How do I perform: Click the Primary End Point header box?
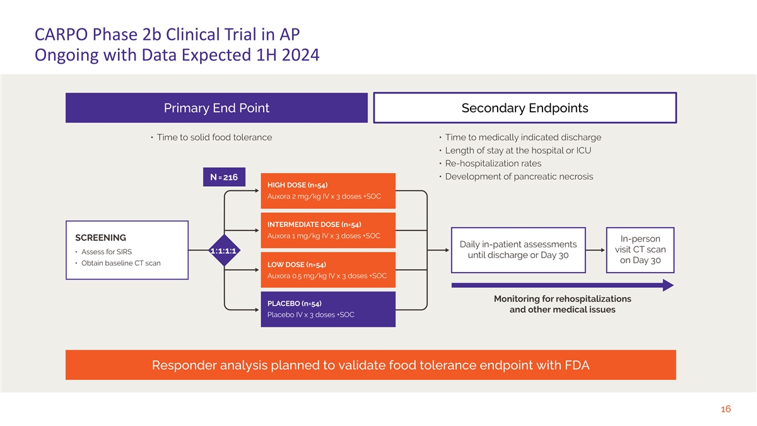(x=216, y=108)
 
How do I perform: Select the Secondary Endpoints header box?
(x=525, y=108)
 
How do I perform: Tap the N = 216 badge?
(x=224, y=177)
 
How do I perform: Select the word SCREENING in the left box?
(x=100, y=238)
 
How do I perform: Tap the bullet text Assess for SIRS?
(x=106, y=252)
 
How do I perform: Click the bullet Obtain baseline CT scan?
(x=120, y=263)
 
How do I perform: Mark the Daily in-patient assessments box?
(x=519, y=250)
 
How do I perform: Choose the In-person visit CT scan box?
(x=640, y=250)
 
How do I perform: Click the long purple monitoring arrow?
(x=561, y=286)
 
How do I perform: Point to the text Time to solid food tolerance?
(x=214, y=138)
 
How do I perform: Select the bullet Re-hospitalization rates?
(x=493, y=163)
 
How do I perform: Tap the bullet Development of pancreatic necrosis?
(x=519, y=177)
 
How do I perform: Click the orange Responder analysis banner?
(x=370, y=365)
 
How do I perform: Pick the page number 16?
(x=725, y=410)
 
